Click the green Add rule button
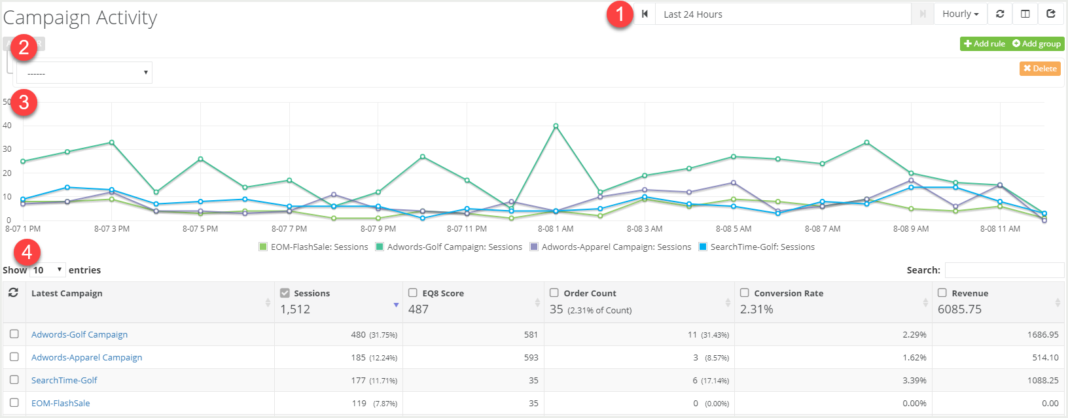pos(984,44)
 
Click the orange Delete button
pos(1040,69)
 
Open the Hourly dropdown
pos(960,14)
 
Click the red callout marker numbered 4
pos(27,252)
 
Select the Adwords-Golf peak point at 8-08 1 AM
pos(556,126)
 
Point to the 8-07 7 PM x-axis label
pos(289,229)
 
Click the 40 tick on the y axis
pos(7,126)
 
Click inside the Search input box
pos(1004,270)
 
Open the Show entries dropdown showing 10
pos(48,270)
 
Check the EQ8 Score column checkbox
pos(413,293)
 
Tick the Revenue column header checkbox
pos(942,293)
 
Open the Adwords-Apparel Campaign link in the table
pos(86,358)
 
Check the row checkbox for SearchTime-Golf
pos(14,380)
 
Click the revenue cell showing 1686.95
pos(1042,335)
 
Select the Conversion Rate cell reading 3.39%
pos(914,381)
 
